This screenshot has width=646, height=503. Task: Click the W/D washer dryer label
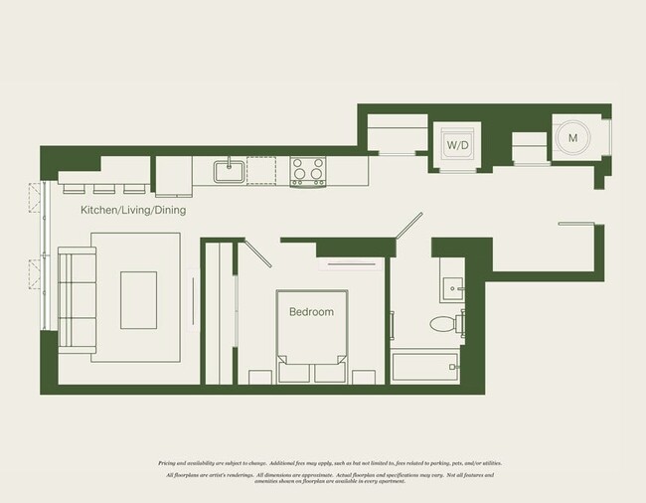pos(458,146)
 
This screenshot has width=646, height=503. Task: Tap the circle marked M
pos(573,138)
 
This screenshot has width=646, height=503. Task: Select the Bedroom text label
pos(311,311)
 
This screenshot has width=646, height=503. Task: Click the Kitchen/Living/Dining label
pos(133,211)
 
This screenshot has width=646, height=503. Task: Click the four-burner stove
pos(307,171)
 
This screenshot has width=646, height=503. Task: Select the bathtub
pos(424,367)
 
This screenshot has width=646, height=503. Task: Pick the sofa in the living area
pos(76,301)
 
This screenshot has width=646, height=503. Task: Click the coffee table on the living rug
pos(138,299)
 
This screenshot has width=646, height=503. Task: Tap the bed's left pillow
pos(295,372)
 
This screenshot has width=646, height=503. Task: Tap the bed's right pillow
pos(329,372)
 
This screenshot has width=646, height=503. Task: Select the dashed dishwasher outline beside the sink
pos(261,171)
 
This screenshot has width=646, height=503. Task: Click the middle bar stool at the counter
pos(103,189)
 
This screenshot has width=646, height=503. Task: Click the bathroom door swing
pos(406,226)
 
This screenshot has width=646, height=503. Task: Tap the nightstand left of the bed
pos(259,376)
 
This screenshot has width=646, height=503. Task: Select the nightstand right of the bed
pos(364,376)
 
